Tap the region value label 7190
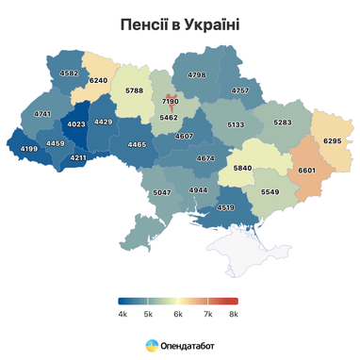click(x=170, y=100)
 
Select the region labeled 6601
click(x=307, y=170)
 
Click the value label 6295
click(x=331, y=140)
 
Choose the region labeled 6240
click(x=98, y=81)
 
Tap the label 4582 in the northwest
click(x=69, y=73)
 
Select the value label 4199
click(x=27, y=149)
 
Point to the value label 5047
click(x=161, y=192)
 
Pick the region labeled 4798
click(x=197, y=74)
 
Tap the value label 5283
click(x=282, y=123)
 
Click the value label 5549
click(x=270, y=191)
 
